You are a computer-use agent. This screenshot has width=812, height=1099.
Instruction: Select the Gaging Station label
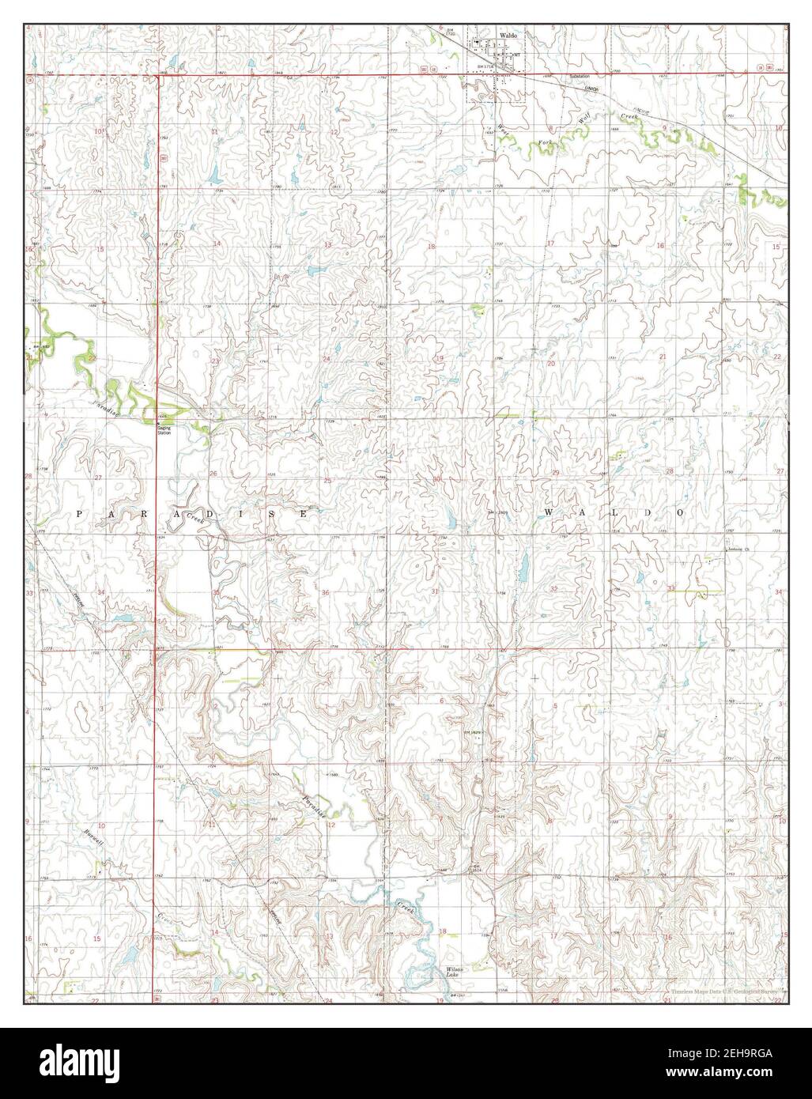[164, 429]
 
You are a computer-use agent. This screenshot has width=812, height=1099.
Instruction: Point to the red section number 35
[215, 592]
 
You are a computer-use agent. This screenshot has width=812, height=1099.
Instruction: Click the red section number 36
[325, 592]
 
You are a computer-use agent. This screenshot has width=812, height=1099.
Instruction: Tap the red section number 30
[436, 480]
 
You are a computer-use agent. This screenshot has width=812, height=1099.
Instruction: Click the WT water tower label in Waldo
[516, 55]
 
